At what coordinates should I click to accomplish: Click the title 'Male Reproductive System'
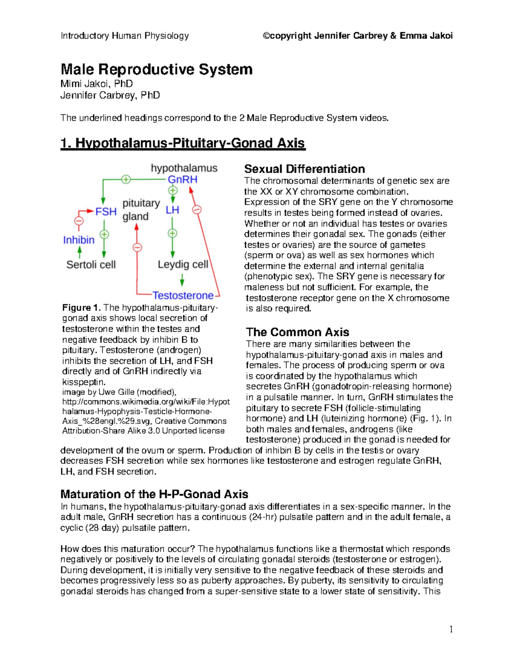[x=156, y=69]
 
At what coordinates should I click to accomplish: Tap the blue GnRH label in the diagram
[x=182, y=179]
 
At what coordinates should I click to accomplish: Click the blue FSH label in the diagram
[x=106, y=212]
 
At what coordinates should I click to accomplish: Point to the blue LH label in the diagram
[x=172, y=210]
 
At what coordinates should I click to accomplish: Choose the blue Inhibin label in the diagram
[x=79, y=240]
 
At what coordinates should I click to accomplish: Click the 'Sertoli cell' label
[x=91, y=265]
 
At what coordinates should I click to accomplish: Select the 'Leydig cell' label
[x=183, y=265]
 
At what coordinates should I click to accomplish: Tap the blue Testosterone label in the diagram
[x=183, y=295]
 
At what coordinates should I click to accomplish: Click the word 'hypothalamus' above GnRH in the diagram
[x=184, y=168]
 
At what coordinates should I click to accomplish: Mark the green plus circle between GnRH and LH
[x=173, y=191]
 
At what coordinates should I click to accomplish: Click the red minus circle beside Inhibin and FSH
[x=79, y=221]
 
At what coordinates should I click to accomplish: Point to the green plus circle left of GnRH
[x=126, y=179]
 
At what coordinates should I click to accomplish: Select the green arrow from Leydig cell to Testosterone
[x=182, y=280]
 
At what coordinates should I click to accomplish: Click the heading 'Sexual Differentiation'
[x=305, y=169]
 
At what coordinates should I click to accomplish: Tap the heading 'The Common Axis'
[x=297, y=332]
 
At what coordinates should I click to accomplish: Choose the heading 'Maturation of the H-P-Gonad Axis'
[x=154, y=494]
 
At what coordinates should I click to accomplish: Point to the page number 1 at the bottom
[x=451, y=629]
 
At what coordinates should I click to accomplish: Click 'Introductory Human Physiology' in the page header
[x=125, y=36]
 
